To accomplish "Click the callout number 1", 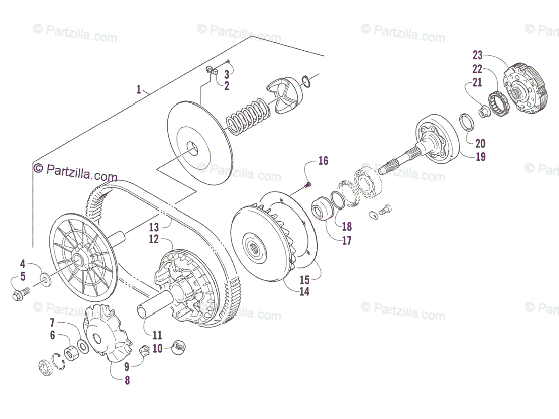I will coord(138,89).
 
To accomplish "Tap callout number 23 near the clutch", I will coord(477,55).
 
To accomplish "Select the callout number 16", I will coord(323,161).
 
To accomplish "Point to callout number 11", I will coord(157,335).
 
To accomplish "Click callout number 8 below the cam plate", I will coord(127,380).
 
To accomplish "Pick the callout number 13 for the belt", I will coord(154,227).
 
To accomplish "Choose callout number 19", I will coord(481,157).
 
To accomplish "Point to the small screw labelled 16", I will coord(307,185).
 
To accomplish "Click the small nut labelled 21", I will coord(484,111).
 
